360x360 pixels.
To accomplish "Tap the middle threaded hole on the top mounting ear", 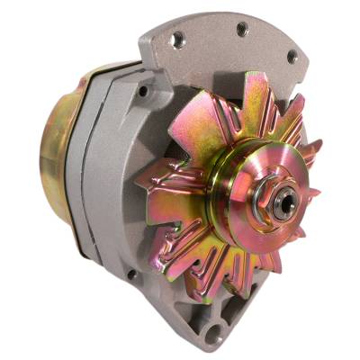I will point(240,30).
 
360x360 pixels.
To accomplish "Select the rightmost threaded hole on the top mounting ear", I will point(291,55).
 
